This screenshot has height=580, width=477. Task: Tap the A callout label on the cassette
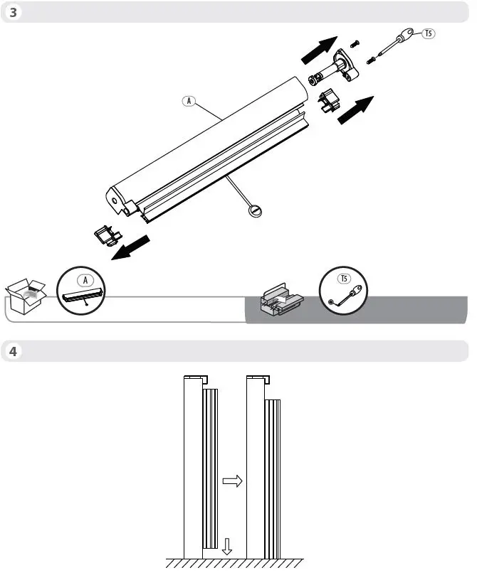189,101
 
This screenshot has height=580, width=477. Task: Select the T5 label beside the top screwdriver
429,34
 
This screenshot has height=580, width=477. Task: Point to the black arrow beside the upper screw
316,49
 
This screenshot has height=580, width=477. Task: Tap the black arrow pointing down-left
132,247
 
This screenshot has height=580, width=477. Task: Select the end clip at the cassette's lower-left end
105,236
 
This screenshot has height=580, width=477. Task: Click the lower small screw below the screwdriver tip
371,61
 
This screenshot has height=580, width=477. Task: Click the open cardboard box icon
25,296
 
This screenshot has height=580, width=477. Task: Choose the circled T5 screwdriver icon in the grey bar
344,290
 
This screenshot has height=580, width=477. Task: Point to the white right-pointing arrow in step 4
233,481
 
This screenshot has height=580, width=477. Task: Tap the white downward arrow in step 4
226,546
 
